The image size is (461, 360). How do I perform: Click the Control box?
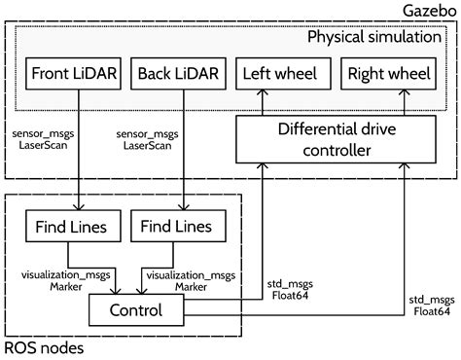136,310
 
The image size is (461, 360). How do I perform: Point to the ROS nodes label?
44,347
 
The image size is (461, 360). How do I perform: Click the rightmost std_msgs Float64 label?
429,306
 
